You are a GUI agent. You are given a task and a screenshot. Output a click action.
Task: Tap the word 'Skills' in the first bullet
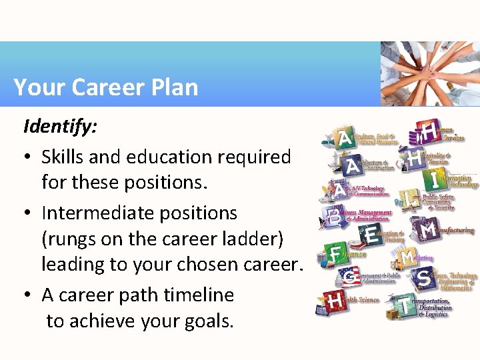(x=61, y=157)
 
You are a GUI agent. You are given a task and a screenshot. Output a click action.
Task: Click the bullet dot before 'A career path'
(x=28, y=295)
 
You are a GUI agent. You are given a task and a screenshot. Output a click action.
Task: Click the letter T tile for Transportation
(x=405, y=306)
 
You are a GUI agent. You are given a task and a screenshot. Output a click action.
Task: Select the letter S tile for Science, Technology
(x=424, y=278)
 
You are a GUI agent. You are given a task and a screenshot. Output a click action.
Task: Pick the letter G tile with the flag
(x=349, y=277)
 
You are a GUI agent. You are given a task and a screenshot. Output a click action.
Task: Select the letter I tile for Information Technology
(x=435, y=179)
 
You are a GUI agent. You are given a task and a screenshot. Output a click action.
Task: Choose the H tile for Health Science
(x=335, y=302)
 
